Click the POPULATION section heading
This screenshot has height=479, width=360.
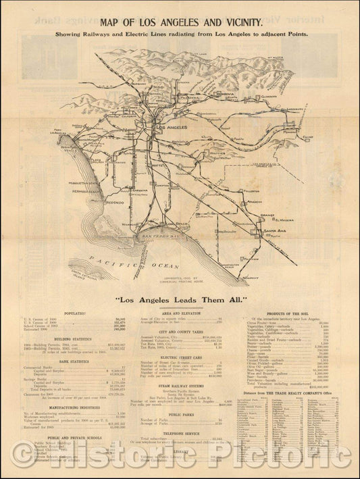74,314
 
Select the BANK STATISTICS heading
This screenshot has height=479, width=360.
74,361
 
